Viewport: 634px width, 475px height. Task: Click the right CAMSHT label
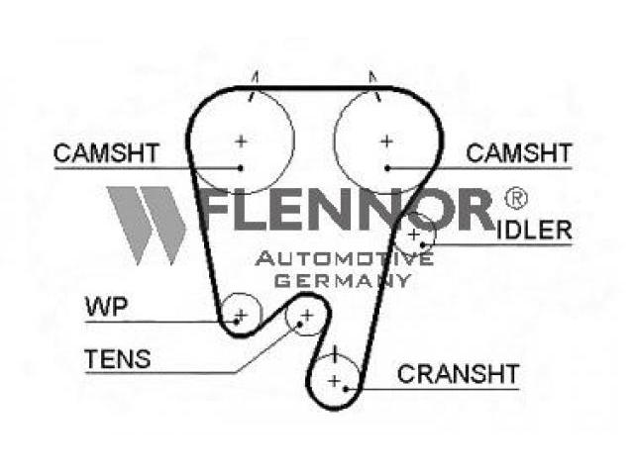pos(518,153)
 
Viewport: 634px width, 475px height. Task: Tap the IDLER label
pos(533,231)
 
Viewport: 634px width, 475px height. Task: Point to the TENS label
pos(118,358)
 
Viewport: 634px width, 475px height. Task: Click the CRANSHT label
pos(458,374)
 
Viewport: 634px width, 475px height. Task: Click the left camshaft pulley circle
pos(241,142)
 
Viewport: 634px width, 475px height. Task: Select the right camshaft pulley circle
pos(385,142)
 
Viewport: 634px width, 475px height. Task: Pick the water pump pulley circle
pos(240,313)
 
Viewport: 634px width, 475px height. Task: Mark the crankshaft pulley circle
pos(335,378)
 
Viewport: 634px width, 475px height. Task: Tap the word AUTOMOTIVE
pos(345,259)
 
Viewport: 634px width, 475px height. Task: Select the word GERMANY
pos(342,280)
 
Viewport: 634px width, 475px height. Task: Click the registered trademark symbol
pos(516,198)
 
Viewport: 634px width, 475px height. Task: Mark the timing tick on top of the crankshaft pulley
pos(336,351)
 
